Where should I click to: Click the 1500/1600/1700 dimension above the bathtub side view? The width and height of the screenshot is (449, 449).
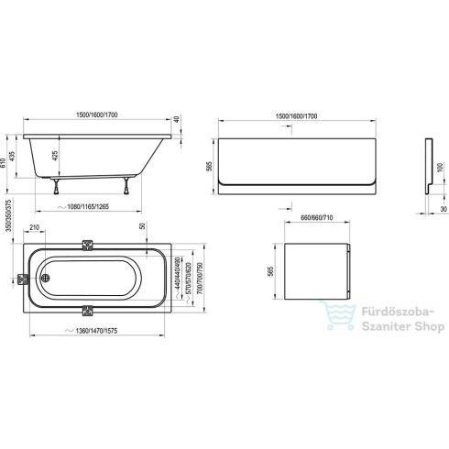click(98, 115)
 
